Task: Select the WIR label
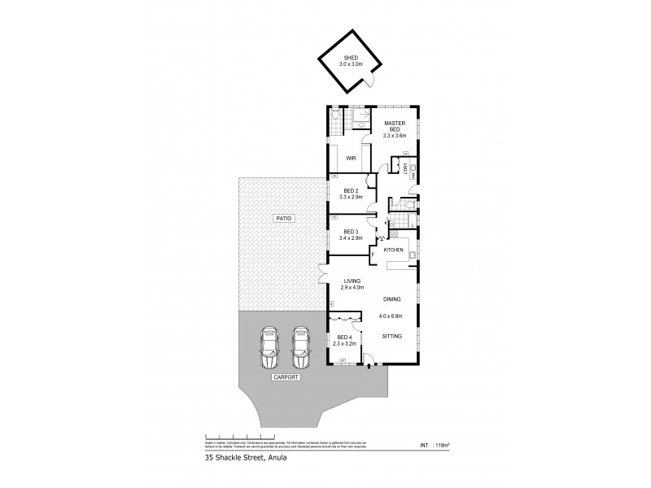[352, 158]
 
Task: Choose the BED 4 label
[344, 338]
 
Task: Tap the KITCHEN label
[394, 249]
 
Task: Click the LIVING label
[352, 281]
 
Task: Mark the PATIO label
[283, 219]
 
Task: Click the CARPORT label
[286, 378]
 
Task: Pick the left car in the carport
[269, 348]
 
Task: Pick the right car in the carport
[302, 348]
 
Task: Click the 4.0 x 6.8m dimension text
[394, 316]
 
